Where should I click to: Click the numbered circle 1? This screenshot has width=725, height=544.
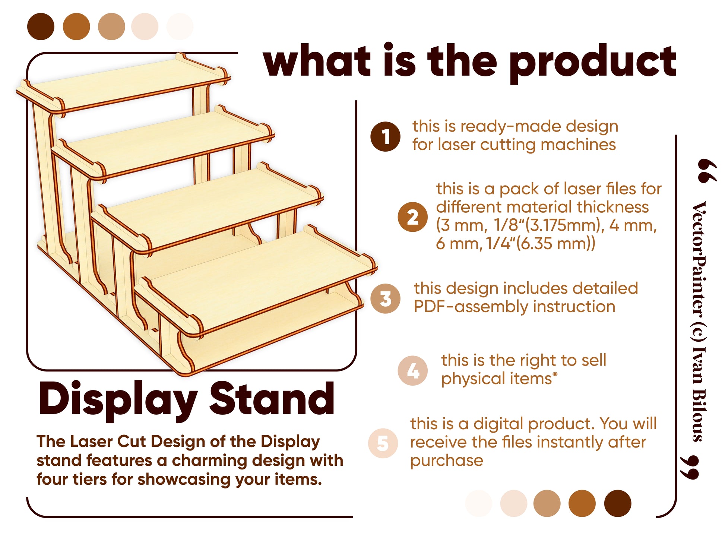click(385, 136)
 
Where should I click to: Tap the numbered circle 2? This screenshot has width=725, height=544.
click(412, 217)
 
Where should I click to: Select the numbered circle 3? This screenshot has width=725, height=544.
click(385, 298)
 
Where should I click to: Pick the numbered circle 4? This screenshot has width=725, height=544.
click(412, 370)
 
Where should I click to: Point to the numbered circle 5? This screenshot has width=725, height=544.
click(383, 443)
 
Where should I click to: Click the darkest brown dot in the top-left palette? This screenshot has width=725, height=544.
click(41, 26)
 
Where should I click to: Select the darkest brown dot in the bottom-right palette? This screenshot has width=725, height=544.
click(618, 503)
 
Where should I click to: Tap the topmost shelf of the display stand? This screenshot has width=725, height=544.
click(125, 84)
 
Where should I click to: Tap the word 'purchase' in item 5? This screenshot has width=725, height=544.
click(447, 461)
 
